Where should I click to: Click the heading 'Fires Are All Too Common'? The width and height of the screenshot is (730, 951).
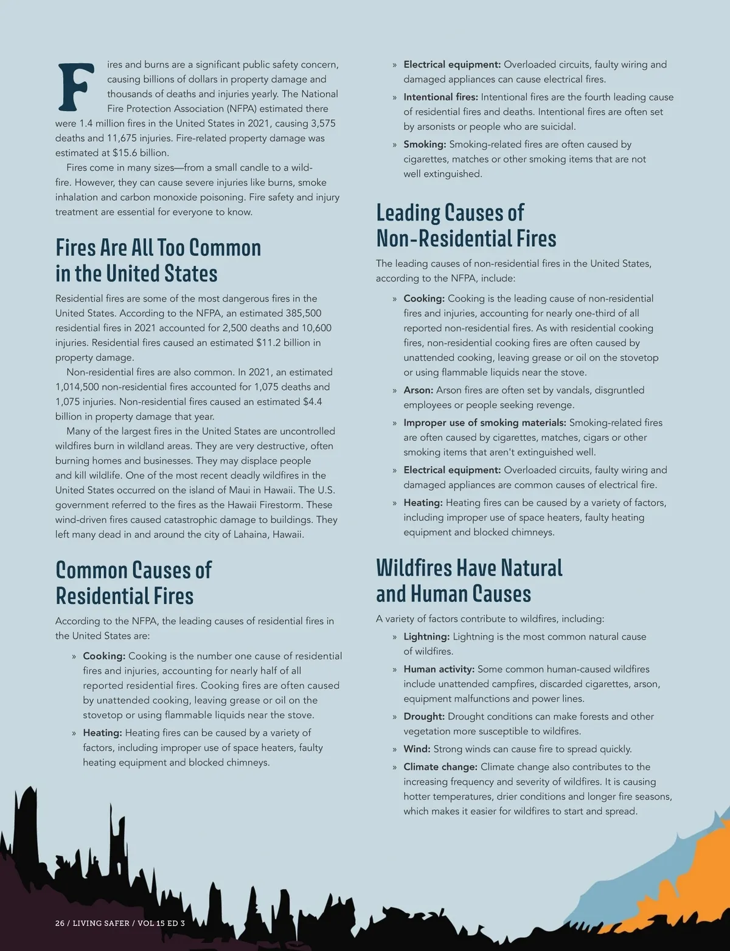tap(158, 247)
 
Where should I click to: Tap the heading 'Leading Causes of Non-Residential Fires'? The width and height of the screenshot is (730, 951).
tap(466, 225)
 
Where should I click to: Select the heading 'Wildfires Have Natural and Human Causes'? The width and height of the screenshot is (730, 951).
tap(469, 580)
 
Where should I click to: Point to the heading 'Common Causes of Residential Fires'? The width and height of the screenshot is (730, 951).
tap(133, 583)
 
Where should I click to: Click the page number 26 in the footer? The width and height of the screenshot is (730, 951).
tap(60, 923)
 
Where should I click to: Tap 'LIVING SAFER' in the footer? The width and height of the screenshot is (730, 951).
tap(101, 923)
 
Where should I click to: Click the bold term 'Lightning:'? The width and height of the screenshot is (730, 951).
tap(426, 637)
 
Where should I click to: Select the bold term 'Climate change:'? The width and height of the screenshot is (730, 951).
tap(440, 767)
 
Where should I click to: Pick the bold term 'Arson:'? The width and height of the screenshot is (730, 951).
tap(419, 390)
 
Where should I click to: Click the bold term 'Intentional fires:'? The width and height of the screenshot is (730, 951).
tap(440, 97)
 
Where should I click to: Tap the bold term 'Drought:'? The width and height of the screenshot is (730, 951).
tap(424, 716)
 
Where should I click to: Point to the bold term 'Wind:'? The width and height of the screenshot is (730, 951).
tap(417, 749)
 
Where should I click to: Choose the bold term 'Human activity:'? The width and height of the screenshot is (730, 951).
tap(439, 669)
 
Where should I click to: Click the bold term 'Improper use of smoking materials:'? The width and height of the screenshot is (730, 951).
tap(484, 423)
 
